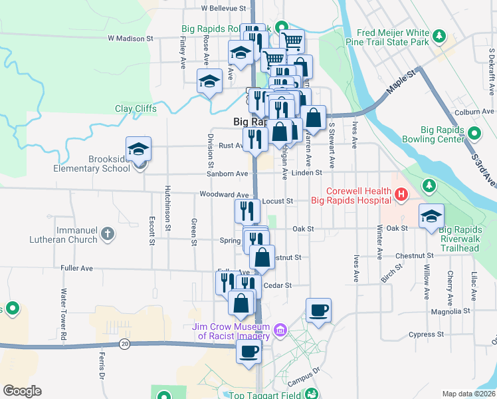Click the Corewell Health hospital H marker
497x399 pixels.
(401, 195)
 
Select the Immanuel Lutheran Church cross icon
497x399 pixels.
(108, 233)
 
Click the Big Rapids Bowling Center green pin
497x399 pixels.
(473, 134)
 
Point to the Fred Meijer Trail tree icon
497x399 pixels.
(439, 35)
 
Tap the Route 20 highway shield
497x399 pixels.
(124, 344)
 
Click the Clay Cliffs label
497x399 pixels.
(136, 108)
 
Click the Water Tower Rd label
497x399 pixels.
(64, 315)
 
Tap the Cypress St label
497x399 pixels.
(426, 334)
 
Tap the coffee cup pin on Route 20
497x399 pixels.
(249, 352)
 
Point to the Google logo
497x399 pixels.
(23, 391)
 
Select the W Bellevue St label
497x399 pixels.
(223, 9)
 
